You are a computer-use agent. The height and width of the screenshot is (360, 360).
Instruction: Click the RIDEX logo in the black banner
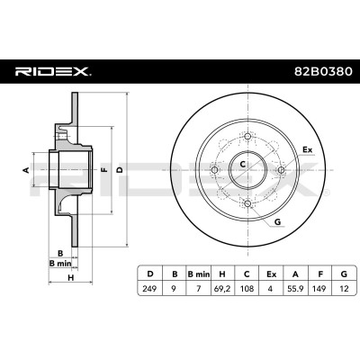(x=53, y=72)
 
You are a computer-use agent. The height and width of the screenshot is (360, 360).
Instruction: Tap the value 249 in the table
(x=149, y=289)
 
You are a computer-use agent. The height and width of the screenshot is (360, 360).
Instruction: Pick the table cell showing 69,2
(x=222, y=289)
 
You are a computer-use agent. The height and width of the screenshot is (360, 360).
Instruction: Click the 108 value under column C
(x=247, y=289)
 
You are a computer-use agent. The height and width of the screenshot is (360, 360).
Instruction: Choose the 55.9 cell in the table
(x=295, y=289)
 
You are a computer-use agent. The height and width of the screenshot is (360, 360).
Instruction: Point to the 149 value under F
(x=319, y=289)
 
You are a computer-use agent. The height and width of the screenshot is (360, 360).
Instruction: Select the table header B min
(x=198, y=274)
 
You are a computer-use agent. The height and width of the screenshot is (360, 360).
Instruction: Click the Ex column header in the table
(x=271, y=274)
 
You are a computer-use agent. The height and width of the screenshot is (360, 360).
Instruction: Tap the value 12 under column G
(x=344, y=289)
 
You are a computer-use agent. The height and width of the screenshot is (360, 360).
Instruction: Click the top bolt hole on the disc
(x=247, y=137)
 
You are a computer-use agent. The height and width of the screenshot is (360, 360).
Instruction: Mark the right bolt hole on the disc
(x=281, y=170)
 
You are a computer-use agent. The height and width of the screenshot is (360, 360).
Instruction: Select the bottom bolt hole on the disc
(x=247, y=203)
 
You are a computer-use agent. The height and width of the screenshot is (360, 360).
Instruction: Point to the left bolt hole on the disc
(x=214, y=170)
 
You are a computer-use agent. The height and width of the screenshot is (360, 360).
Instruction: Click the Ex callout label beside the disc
(x=307, y=149)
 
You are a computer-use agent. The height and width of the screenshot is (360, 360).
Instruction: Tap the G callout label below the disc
(x=277, y=222)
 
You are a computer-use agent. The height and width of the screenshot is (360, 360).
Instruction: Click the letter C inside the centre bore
(x=243, y=164)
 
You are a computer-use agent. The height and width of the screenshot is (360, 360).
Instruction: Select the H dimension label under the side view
(x=71, y=277)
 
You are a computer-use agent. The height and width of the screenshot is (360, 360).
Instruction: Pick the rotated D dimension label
(x=120, y=170)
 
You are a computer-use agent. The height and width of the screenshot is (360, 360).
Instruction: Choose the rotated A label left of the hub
(x=26, y=170)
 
